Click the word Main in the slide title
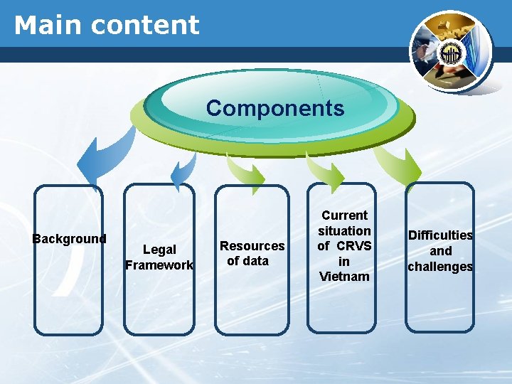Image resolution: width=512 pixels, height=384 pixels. click(x=47, y=25)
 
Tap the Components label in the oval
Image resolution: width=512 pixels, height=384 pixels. click(x=275, y=109)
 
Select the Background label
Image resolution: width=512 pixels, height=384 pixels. click(x=69, y=239)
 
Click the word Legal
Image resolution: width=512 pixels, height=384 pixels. click(x=159, y=250)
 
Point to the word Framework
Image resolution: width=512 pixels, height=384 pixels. click(x=159, y=265)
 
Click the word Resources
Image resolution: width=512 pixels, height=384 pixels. click(x=252, y=246)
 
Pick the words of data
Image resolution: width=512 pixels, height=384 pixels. click(x=247, y=261)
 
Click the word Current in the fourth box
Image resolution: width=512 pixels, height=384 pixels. click(x=344, y=215)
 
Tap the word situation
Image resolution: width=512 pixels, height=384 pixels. click(x=344, y=231)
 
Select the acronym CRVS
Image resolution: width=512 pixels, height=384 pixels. click(x=353, y=246)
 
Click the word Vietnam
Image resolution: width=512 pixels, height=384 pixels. click(x=344, y=277)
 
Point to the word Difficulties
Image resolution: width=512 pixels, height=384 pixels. click(x=440, y=235)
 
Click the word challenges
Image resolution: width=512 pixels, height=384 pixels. click(x=440, y=267)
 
